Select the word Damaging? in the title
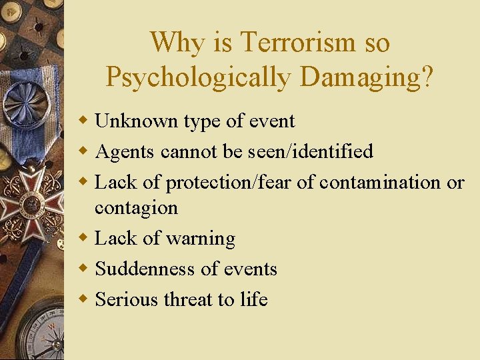pos(366,77)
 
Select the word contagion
pos(137,208)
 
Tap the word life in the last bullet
pos(253,300)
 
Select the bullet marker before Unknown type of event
pos(83,121)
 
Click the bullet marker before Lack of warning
pos(83,239)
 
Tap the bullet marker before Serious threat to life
pos(83,300)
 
